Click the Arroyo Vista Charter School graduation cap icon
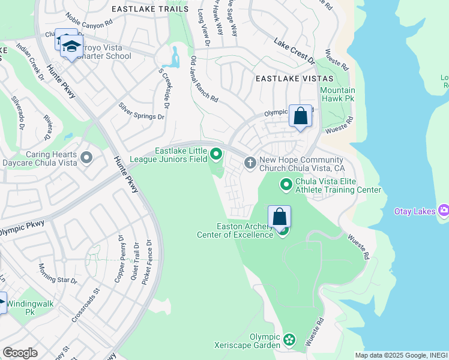71,47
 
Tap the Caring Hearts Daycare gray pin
86,157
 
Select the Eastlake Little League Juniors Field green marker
217,157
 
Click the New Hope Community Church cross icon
250,163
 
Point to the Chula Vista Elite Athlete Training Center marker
287,184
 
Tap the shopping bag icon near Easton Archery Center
280,217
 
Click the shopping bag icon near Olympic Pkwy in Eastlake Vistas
300,115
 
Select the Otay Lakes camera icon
444,210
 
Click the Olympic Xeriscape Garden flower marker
289,340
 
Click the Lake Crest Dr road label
294,52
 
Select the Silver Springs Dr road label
141,111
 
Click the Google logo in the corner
20,353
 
